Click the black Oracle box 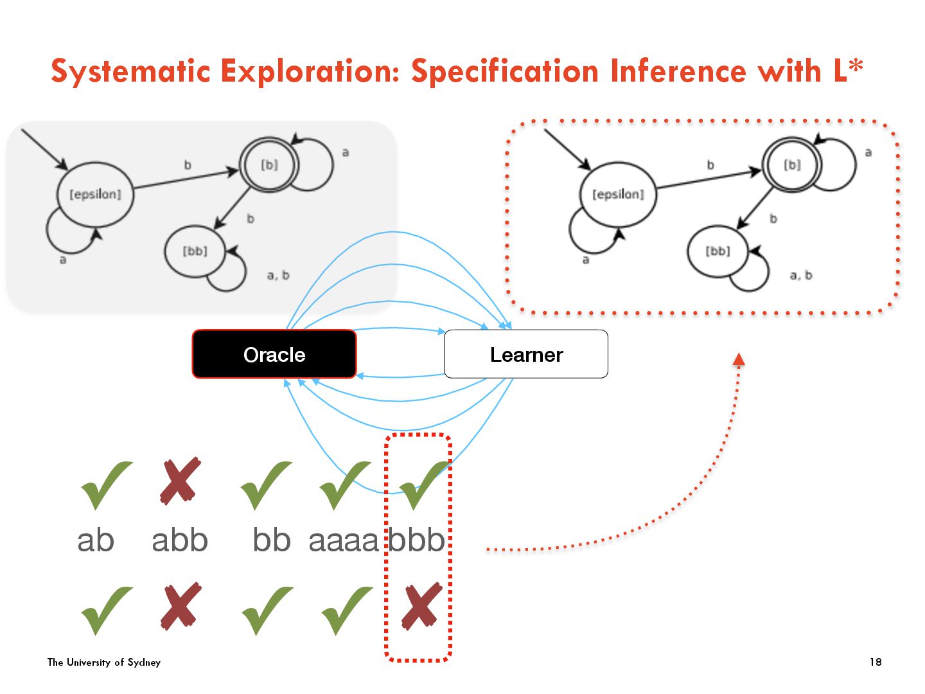click(x=274, y=354)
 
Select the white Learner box click(x=526, y=354)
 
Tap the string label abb click(x=180, y=540)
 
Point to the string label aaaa click(x=344, y=540)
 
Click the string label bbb click(x=417, y=540)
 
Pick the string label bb click(x=272, y=540)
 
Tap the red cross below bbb click(x=421, y=606)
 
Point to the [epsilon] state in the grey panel click(x=96, y=194)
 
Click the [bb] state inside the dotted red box click(x=718, y=251)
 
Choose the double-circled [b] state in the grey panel click(x=269, y=165)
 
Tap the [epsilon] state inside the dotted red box click(x=618, y=194)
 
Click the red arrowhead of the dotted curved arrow click(x=739, y=360)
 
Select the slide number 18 click(x=876, y=662)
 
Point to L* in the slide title click(x=848, y=71)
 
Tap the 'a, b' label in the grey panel click(x=278, y=276)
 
